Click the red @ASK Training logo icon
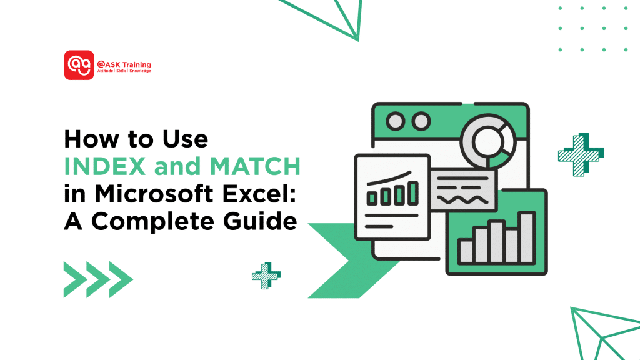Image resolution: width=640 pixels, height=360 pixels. (79, 65)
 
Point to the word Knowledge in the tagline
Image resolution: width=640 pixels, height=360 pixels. (140, 71)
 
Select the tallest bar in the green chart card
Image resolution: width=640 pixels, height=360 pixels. (526, 238)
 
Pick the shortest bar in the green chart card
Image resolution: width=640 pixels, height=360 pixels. (466, 251)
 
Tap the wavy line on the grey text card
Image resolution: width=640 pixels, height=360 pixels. (464, 199)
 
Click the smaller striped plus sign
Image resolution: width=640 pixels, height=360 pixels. (266, 276)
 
